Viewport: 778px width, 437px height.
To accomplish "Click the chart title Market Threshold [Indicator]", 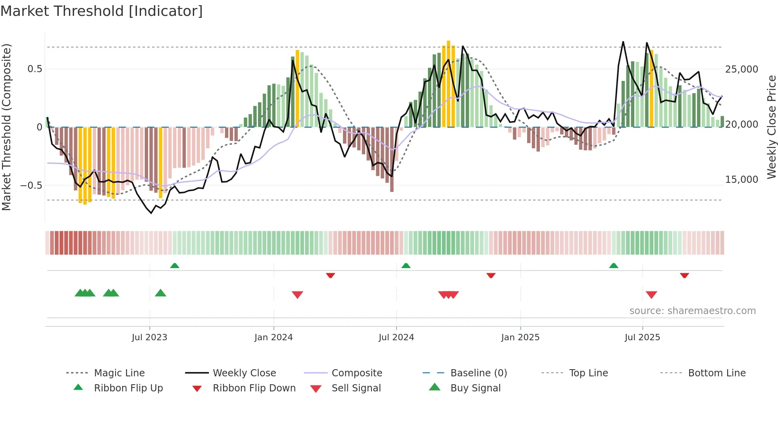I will pyautogui.click(x=102, y=11).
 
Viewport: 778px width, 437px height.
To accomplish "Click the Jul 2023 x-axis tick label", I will pyautogui.click(x=149, y=337).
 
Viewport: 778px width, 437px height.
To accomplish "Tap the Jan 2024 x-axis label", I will pyautogui.click(x=273, y=337).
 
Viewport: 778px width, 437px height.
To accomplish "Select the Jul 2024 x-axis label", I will pyautogui.click(x=396, y=337).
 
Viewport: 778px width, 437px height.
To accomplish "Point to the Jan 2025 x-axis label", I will pyautogui.click(x=520, y=337).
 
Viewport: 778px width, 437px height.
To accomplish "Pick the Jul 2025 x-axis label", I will pyautogui.click(x=642, y=337).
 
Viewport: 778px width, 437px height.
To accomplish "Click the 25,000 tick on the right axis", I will pyautogui.click(x=741, y=69).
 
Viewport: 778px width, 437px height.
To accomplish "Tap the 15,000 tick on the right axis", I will pyautogui.click(x=741, y=180).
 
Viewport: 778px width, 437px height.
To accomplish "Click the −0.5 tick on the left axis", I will pyautogui.click(x=31, y=186).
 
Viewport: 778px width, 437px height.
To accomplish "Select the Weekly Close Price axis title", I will pyautogui.click(x=771, y=127).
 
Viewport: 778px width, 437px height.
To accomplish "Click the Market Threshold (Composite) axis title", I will pyautogui.click(x=6, y=127).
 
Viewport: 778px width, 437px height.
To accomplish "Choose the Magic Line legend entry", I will pyautogui.click(x=119, y=373).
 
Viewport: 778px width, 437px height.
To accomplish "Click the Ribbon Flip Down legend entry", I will pyautogui.click(x=254, y=388).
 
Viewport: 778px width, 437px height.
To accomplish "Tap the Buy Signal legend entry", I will pyautogui.click(x=475, y=388).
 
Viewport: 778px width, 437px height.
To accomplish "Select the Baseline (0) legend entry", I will pyautogui.click(x=478, y=373).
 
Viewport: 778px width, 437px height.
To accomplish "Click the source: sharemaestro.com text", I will pyautogui.click(x=692, y=311).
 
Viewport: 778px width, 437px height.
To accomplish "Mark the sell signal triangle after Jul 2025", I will pyautogui.click(x=651, y=294).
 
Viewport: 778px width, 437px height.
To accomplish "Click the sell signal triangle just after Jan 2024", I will pyautogui.click(x=297, y=294).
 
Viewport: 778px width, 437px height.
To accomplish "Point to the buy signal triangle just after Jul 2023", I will pyautogui.click(x=160, y=293).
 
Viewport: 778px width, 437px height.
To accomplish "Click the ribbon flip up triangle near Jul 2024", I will pyautogui.click(x=406, y=266).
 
